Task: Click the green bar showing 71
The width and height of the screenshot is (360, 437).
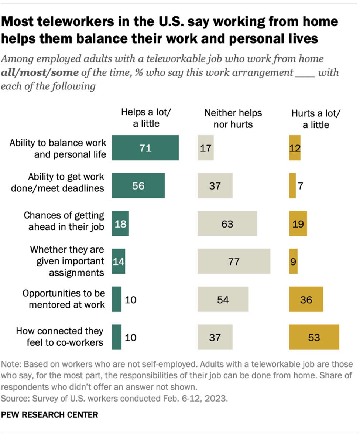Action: click(145, 148)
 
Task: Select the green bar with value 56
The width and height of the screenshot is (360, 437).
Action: click(138, 185)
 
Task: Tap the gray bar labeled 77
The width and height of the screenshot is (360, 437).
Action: click(234, 262)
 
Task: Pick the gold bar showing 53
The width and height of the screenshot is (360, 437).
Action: click(314, 337)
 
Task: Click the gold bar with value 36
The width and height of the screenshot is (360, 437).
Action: click(306, 299)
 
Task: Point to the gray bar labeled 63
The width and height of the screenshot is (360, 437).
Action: click(227, 223)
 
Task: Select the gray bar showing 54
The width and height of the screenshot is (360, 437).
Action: click(223, 299)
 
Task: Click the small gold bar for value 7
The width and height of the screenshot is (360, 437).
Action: click(292, 185)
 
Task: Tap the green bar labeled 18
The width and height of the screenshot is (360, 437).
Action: click(120, 223)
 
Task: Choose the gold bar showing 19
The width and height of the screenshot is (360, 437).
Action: click(298, 223)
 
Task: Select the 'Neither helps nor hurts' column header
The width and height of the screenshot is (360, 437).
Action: click(233, 118)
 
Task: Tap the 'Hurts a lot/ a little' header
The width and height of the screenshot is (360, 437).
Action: click(316, 118)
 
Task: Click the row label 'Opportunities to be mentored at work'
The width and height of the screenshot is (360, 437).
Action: click(64, 299)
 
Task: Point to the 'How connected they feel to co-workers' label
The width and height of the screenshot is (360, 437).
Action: click(60, 337)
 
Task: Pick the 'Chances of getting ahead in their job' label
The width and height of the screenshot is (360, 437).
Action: click(64, 221)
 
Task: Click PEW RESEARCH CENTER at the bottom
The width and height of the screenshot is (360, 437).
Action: click(50, 414)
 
